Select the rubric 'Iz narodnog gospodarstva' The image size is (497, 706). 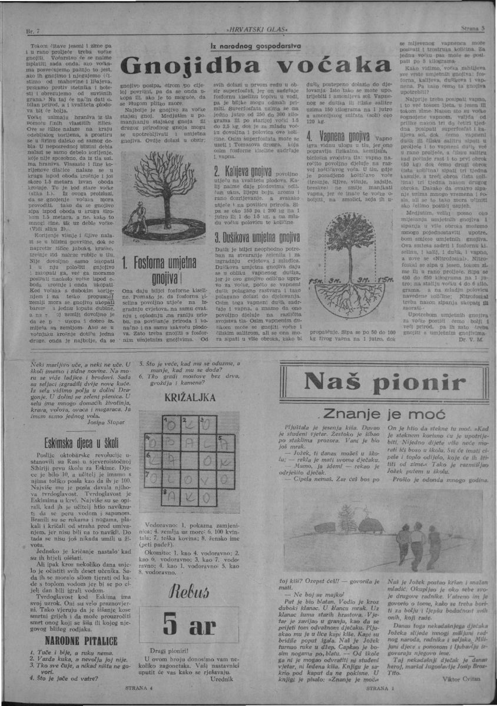[255, 45]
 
